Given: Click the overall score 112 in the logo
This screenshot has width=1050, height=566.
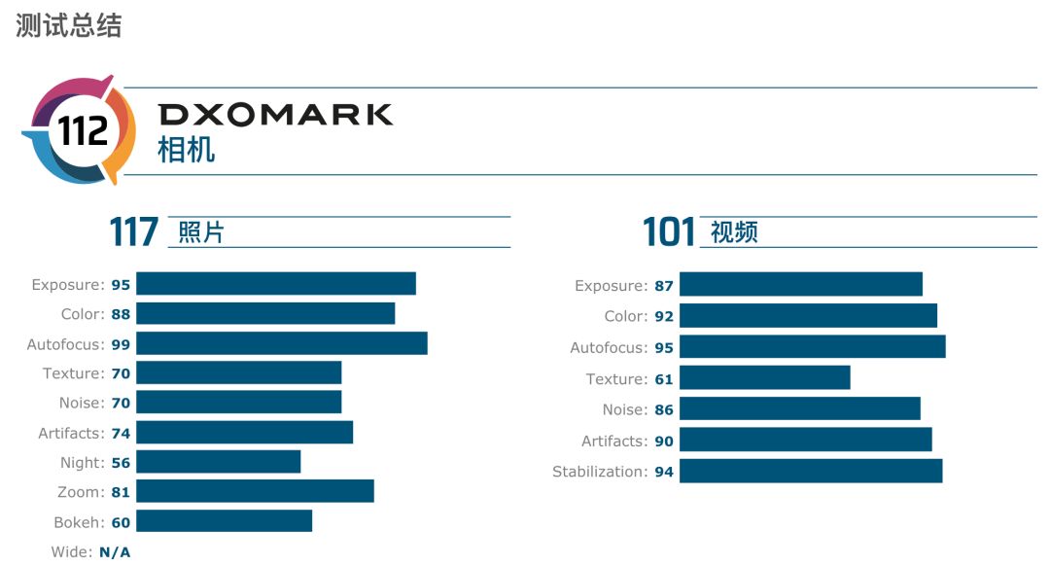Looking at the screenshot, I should (x=83, y=129).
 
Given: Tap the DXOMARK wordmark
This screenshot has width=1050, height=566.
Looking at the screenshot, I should (x=276, y=115).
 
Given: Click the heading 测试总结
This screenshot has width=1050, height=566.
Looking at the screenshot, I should (x=69, y=26).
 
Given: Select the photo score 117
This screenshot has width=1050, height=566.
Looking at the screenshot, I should (x=134, y=232).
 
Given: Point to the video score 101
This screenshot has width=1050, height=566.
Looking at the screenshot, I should (x=669, y=233).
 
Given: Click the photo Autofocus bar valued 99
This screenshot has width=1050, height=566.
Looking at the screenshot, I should (x=282, y=343).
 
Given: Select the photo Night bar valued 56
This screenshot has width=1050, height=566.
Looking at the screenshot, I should (x=219, y=462).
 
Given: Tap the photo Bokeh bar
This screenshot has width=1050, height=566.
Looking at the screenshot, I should (x=225, y=521).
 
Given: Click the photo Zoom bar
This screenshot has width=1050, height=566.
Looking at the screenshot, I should (x=255, y=492).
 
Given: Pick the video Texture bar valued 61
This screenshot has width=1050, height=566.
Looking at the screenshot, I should (x=765, y=378).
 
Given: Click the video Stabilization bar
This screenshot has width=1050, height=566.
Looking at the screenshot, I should (x=811, y=472).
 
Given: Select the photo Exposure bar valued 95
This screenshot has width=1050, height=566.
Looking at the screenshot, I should (x=276, y=284).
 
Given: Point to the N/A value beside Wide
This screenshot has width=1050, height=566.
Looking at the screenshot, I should (x=115, y=552).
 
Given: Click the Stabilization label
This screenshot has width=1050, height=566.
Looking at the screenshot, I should (x=599, y=472).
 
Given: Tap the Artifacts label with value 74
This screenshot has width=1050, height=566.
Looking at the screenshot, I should (x=70, y=433).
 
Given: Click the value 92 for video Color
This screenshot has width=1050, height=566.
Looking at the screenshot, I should (x=664, y=316).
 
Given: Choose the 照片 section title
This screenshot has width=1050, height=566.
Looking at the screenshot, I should (x=201, y=233).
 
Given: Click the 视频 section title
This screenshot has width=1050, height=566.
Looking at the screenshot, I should (x=734, y=233).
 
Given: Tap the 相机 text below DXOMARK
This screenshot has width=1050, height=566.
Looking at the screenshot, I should (x=187, y=150).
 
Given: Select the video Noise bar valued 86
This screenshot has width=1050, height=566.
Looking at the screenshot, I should (x=800, y=409).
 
